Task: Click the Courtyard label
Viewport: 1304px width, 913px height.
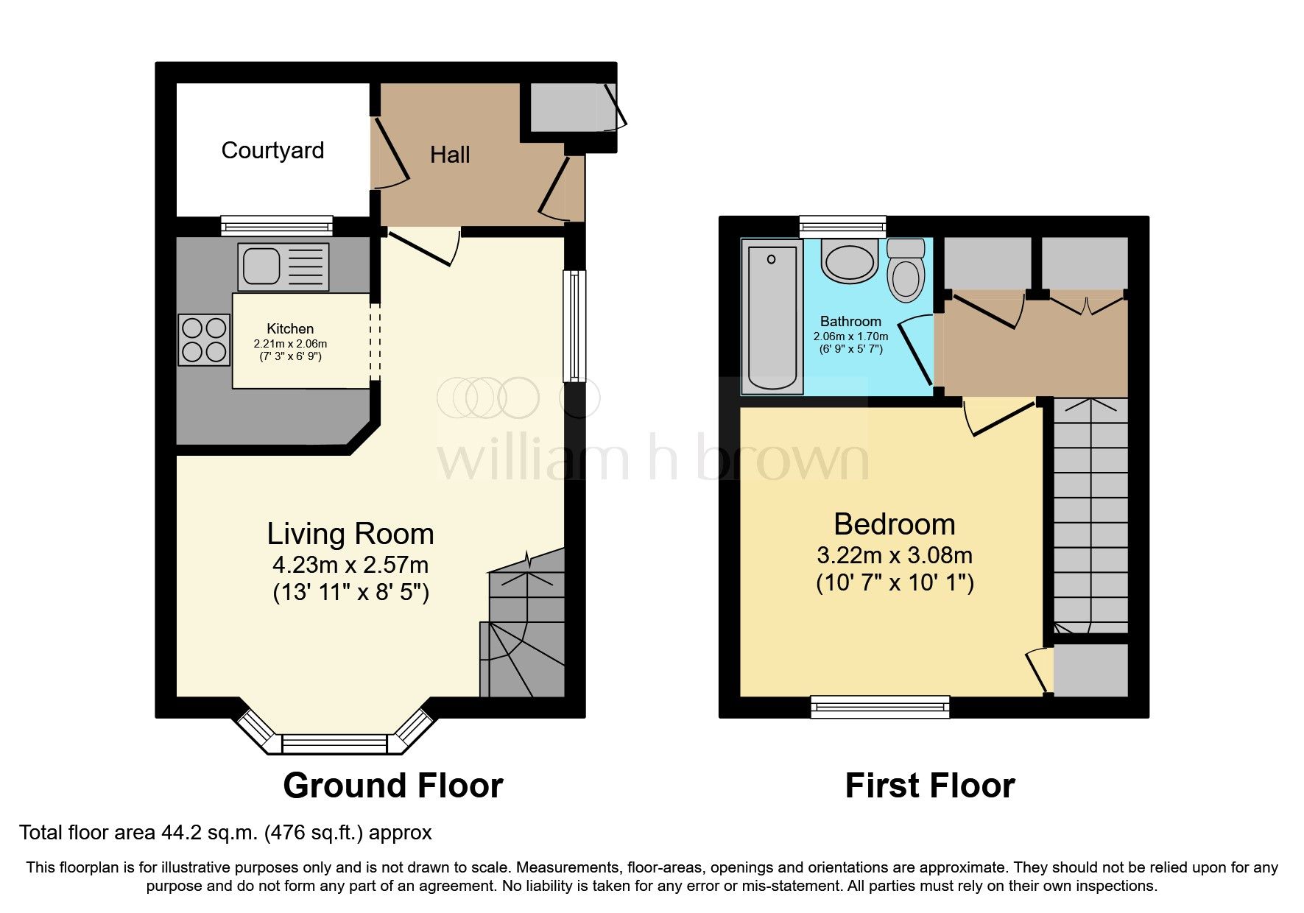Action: click(272, 150)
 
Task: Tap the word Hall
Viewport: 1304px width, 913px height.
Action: click(449, 155)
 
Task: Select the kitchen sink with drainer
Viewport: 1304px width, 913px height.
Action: click(283, 266)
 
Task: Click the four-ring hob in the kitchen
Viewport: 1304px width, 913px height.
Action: click(204, 339)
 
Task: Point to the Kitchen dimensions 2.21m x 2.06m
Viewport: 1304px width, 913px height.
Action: click(290, 344)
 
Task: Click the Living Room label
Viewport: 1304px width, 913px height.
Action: click(350, 534)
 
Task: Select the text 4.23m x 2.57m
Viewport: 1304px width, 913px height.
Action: click(350, 565)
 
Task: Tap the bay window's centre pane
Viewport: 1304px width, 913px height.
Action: click(334, 744)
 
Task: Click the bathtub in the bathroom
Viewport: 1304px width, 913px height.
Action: click(772, 317)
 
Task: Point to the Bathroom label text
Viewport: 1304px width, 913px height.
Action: click(850, 321)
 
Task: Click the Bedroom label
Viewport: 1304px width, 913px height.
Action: click(894, 524)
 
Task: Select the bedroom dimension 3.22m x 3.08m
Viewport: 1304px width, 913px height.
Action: click(894, 555)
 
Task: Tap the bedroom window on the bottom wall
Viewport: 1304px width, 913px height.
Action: click(880, 707)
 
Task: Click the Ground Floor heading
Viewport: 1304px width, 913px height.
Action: click(392, 786)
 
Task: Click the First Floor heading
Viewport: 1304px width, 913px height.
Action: click(929, 786)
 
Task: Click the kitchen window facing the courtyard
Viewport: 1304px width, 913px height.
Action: click(277, 226)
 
